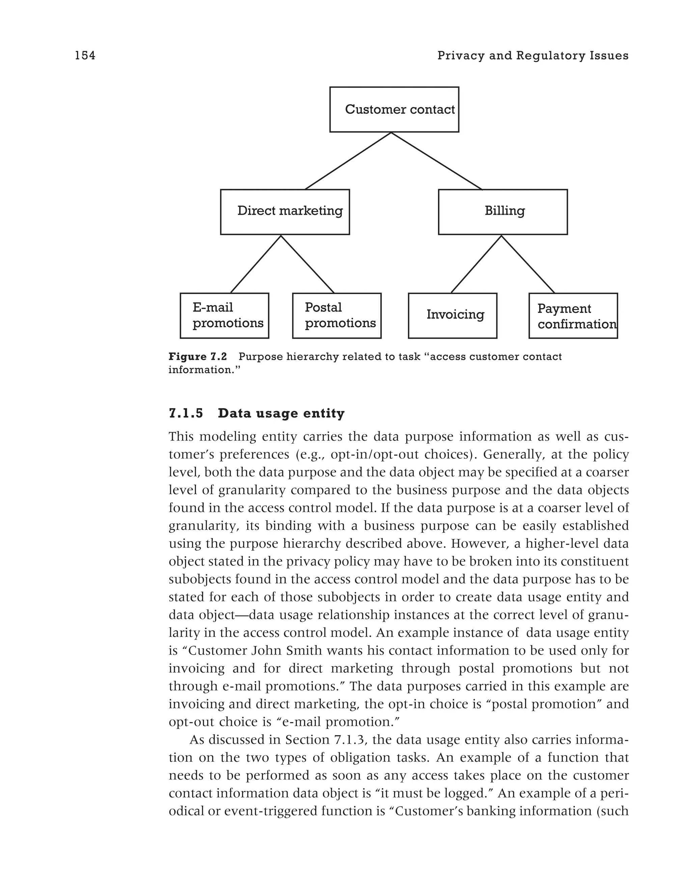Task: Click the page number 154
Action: click(85, 55)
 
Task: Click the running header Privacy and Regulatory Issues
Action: click(532, 55)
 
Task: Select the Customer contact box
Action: click(394, 109)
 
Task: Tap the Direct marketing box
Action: click(285, 212)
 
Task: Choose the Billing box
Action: click(502, 212)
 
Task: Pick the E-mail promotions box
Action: click(224, 315)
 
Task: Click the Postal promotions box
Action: click(336, 315)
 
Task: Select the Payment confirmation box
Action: click(573, 315)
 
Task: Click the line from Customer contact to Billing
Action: click(436, 161)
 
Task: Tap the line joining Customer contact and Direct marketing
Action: click(348, 161)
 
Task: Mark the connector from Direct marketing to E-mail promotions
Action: click(256, 264)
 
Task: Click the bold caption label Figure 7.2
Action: click(198, 357)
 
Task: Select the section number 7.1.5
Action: click(186, 414)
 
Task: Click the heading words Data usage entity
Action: click(281, 414)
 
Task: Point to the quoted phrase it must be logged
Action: click(436, 793)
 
